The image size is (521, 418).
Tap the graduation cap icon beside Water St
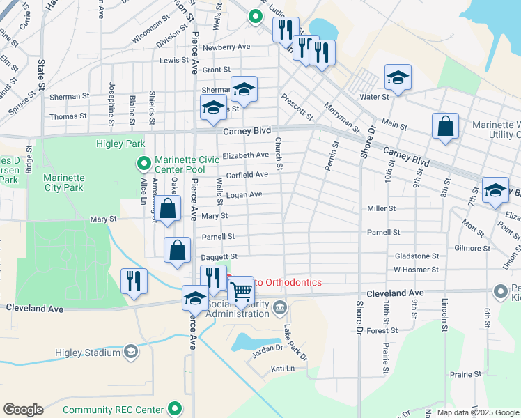pyautogui.click(x=398, y=79)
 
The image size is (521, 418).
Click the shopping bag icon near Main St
pyautogui.click(x=445, y=127)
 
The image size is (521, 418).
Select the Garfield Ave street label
pyautogui.click(x=247, y=174)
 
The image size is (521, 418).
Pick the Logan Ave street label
pyautogui.click(x=244, y=194)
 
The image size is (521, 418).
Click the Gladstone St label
pyautogui.click(x=417, y=256)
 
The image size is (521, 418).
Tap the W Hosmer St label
pyautogui.click(x=416, y=269)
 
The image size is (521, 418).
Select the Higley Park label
pyautogui.click(x=119, y=144)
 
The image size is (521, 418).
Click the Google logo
pyautogui.click(x=23, y=410)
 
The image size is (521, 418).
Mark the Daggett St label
pyautogui.click(x=219, y=257)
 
